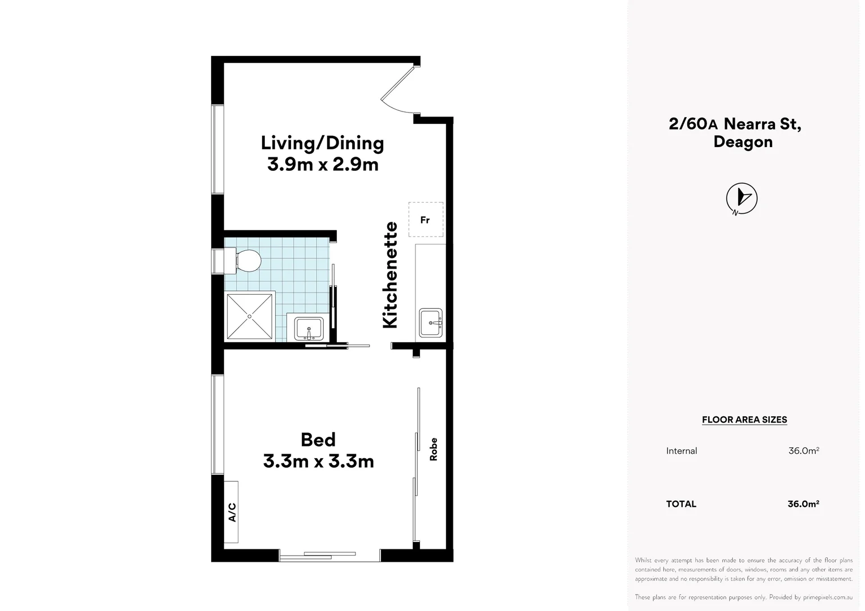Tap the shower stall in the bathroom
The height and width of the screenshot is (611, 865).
pyautogui.click(x=250, y=316)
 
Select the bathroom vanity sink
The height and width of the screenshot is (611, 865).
pyautogui.click(x=309, y=328)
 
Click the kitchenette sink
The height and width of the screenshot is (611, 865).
pyautogui.click(x=431, y=323)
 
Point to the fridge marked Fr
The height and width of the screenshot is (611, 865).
pyautogui.click(x=426, y=220)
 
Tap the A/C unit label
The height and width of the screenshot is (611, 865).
pyautogui.click(x=232, y=512)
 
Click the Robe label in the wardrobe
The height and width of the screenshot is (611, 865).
pyautogui.click(x=434, y=449)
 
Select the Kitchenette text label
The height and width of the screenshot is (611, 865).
pyautogui.click(x=390, y=275)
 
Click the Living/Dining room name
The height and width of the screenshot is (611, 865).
pyautogui.click(x=322, y=143)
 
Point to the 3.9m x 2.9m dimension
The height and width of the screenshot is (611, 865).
pyautogui.click(x=323, y=165)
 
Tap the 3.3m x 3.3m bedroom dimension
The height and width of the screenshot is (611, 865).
pyautogui.click(x=318, y=462)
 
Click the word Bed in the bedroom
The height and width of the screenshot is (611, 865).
pyautogui.click(x=318, y=440)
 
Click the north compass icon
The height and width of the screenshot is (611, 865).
pyautogui.click(x=742, y=199)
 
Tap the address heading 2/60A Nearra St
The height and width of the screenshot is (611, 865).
pyautogui.click(x=734, y=123)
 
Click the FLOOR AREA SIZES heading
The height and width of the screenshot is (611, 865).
pyautogui.click(x=744, y=420)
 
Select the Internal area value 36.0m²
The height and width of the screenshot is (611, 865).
pyautogui.click(x=803, y=451)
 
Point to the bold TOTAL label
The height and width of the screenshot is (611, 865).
pyautogui.click(x=681, y=504)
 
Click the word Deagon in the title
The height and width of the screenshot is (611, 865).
pyautogui.click(x=743, y=142)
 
